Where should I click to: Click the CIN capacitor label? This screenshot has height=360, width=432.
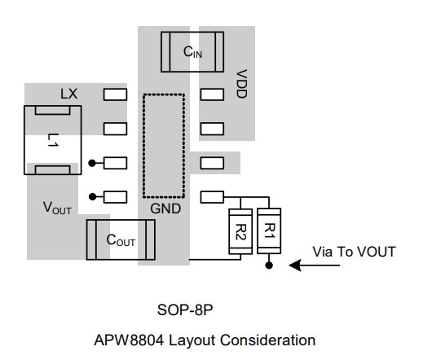click(192, 52)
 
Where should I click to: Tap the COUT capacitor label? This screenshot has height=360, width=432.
click(121, 240)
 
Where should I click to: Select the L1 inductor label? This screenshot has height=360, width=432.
click(53, 140)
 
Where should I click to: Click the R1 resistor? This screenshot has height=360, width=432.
click(269, 231)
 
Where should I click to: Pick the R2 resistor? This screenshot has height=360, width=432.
click(240, 231)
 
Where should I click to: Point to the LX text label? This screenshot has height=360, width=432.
click(69, 94)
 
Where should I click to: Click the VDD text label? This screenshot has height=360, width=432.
click(241, 84)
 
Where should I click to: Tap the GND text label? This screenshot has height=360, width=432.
click(165, 209)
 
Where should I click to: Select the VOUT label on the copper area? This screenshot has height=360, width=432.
click(57, 208)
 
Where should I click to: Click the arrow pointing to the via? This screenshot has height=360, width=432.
click(314, 266)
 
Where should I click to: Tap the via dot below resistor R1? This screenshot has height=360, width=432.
click(269, 266)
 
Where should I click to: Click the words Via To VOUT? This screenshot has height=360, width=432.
click(354, 252)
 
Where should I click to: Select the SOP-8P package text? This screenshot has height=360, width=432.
click(185, 310)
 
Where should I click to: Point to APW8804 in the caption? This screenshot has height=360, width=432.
click(129, 340)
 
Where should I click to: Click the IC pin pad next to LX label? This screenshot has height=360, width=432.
click(115, 94)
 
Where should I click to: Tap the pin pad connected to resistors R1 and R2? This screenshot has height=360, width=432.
click(212, 197)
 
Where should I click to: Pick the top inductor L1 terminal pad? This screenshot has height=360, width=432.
click(52, 111)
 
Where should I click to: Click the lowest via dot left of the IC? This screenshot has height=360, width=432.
click(93, 197)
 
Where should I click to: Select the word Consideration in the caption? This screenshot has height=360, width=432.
click(267, 340)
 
